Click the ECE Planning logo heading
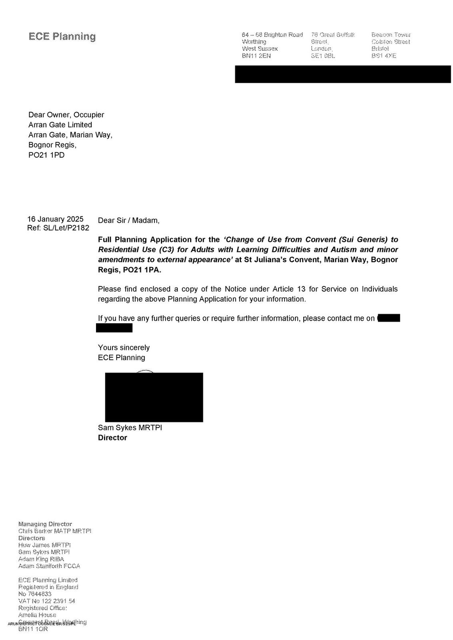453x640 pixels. (x=62, y=36)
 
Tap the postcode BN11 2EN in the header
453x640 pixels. (x=256, y=56)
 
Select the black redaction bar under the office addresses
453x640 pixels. (x=343, y=74)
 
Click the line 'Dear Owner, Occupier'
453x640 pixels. (x=66, y=115)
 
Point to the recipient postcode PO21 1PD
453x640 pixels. (x=46, y=155)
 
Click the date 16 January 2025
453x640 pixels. (x=55, y=219)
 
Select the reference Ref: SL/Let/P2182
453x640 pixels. (x=58, y=228)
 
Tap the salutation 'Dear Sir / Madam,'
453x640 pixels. (x=128, y=220)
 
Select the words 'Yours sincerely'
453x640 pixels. (x=124, y=348)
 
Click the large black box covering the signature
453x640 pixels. (x=154, y=397)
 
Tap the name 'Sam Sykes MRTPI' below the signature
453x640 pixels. (x=130, y=428)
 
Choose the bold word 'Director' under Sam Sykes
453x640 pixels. (x=112, y=438)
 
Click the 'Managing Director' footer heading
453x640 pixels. (x=45, y=524)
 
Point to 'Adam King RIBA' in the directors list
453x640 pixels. (x=41, y=559)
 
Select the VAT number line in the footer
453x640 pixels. (x=46, y=601)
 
